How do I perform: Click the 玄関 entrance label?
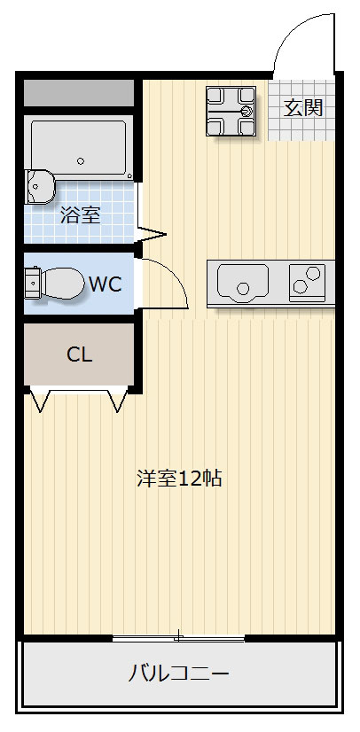pos(302,109)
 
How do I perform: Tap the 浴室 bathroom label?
pos(80,214)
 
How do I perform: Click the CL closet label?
pos(80,355)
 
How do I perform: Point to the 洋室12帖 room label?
pos(179,479)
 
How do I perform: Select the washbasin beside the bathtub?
pos(40,186)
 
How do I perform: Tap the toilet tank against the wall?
pos(32,284)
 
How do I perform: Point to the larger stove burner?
pos(301,285)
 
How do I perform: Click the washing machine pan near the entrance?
pos(231,111)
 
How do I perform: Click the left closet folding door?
pos(41,401)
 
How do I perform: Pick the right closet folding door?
pos(117,401)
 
